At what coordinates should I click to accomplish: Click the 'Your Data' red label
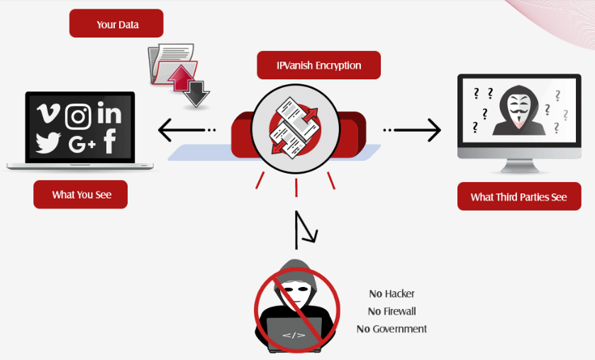point(116,24)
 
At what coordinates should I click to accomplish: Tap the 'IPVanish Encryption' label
point(318,65)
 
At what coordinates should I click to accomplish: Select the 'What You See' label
point(81,194)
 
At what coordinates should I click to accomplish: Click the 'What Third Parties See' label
point(518,197)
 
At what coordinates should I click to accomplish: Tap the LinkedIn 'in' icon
point(110,113)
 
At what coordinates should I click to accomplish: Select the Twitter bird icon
point(48,143)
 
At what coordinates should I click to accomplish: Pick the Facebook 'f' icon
point(110,141)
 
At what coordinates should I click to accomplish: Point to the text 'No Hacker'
point(391,293)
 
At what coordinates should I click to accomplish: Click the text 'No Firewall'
point(391,311)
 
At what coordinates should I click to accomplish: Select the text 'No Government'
point(391,329)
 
